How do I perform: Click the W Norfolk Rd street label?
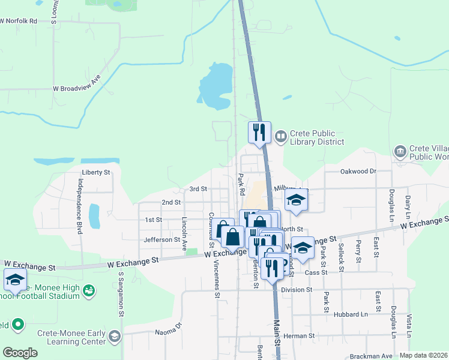point(19,21)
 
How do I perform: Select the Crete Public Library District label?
point(317,137)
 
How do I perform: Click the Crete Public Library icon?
point(280,137)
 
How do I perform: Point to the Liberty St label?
point(96,172)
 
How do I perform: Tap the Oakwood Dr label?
point(358,171)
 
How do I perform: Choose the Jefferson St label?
point(162,240)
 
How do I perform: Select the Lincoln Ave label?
point(185,233)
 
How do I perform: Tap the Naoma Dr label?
point(169,328)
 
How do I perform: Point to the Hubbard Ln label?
point(351,314)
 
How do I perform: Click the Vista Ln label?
point(409,325)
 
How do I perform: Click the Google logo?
point(20,353)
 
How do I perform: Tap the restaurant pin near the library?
point(259,133)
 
